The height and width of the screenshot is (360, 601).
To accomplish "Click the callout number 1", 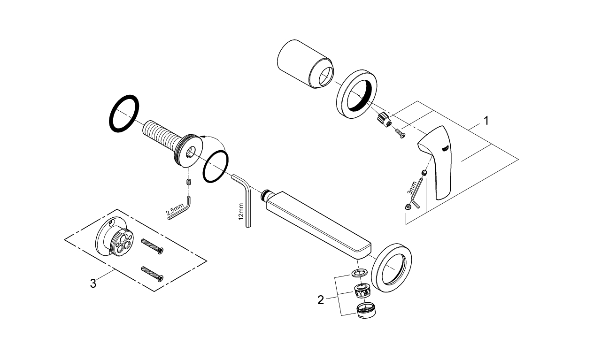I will pos(486,121).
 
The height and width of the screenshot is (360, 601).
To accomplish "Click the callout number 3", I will pos(93,283).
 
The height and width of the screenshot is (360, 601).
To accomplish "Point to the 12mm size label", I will pos(240,212).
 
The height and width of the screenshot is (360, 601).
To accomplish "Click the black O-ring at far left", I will pos(124,114).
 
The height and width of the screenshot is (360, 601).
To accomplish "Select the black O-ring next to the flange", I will pos(216,165).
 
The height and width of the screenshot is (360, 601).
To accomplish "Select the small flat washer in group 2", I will pos(359,273).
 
